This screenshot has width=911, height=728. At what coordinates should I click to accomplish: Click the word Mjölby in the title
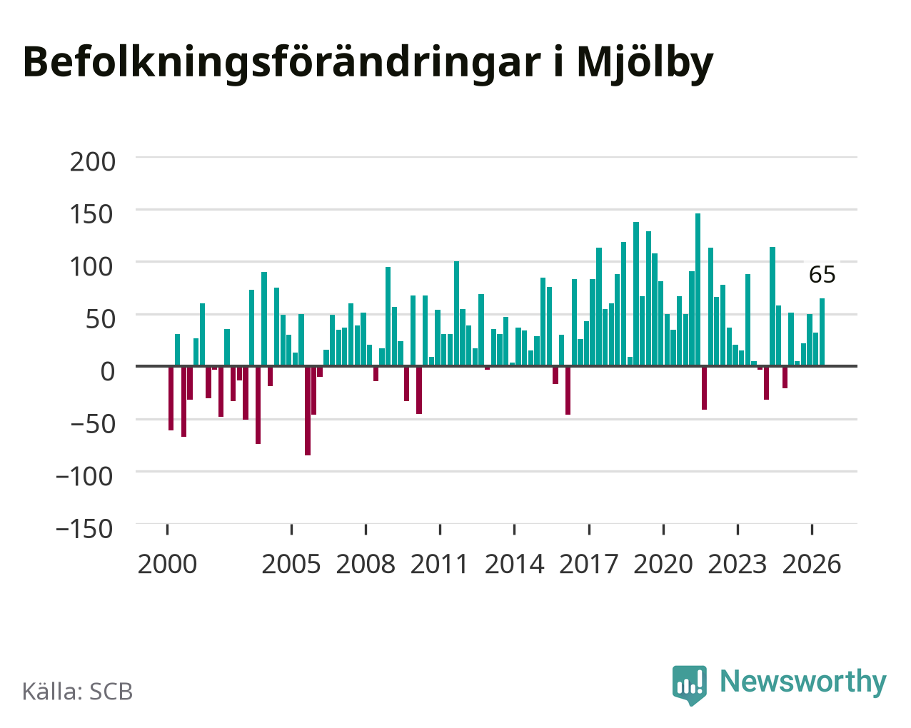point(645,64)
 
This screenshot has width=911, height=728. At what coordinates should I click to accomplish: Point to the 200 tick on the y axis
point(92,162)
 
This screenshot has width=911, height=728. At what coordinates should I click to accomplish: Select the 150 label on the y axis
point(92,214)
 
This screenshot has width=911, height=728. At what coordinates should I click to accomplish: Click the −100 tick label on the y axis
point(84,477)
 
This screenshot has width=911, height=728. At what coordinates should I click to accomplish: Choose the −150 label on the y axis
point(84,529)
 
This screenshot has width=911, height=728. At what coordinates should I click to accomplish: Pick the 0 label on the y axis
point(108,372)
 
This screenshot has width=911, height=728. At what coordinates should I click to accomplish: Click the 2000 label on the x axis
point(167,564)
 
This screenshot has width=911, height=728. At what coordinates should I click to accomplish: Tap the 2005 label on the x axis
point(291,564)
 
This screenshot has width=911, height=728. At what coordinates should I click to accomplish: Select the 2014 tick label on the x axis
point(514,564)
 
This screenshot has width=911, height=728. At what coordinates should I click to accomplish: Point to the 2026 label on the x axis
point(812,564)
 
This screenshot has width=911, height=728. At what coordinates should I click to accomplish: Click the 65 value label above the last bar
point(822,275)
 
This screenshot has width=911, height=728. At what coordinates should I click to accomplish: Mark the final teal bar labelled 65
point(822,332)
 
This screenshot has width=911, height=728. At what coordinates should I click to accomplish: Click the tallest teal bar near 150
point(698,290)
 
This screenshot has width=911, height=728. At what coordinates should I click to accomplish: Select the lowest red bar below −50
point(308,410)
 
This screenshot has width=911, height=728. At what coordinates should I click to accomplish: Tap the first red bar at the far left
point(171,398)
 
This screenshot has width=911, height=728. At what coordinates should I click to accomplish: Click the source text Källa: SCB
point(78,692)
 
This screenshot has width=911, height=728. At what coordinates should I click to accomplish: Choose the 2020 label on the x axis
point(663,564)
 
